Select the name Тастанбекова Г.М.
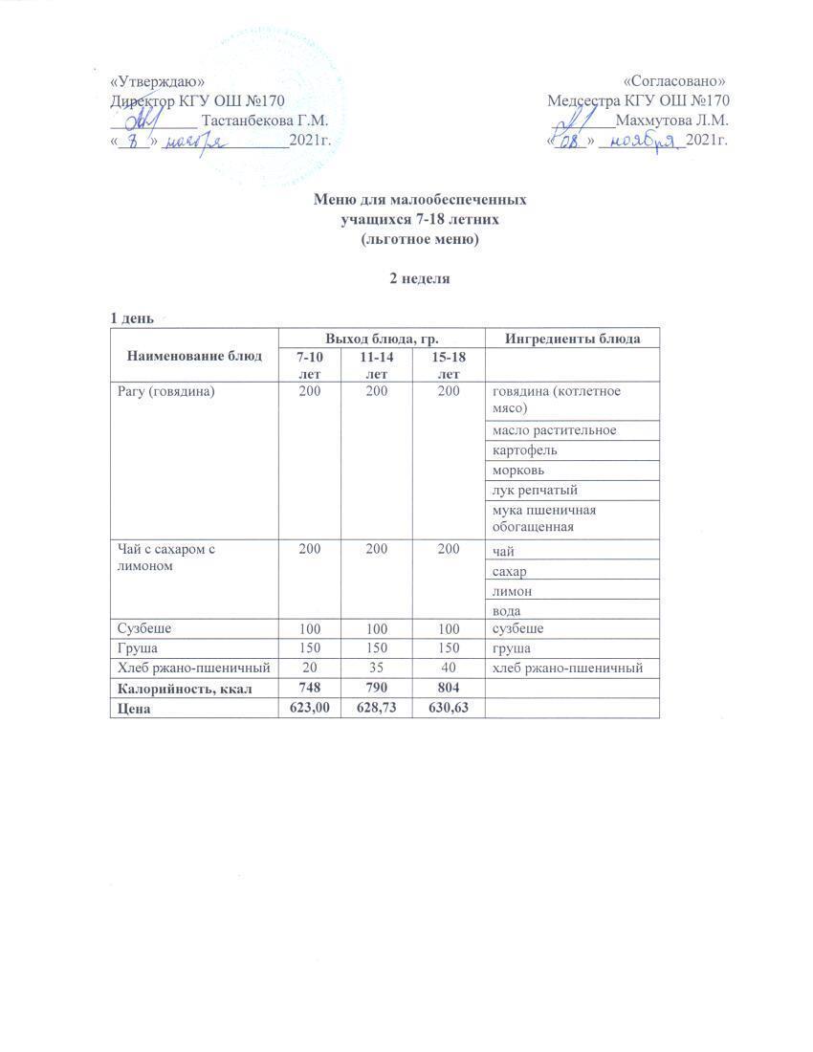click(x=266, y=121)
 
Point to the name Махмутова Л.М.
click(x=672, y=121)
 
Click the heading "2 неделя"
click(x=417, y=279)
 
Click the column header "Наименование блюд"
click(x=194, y=356)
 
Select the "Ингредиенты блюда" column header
click(x=573, y=338)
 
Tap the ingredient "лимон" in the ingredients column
click(x=513, y=591)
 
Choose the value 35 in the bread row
click(x=376, y=668)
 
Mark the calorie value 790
click(x=376, y=689)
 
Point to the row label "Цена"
click(x=133, y=709)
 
